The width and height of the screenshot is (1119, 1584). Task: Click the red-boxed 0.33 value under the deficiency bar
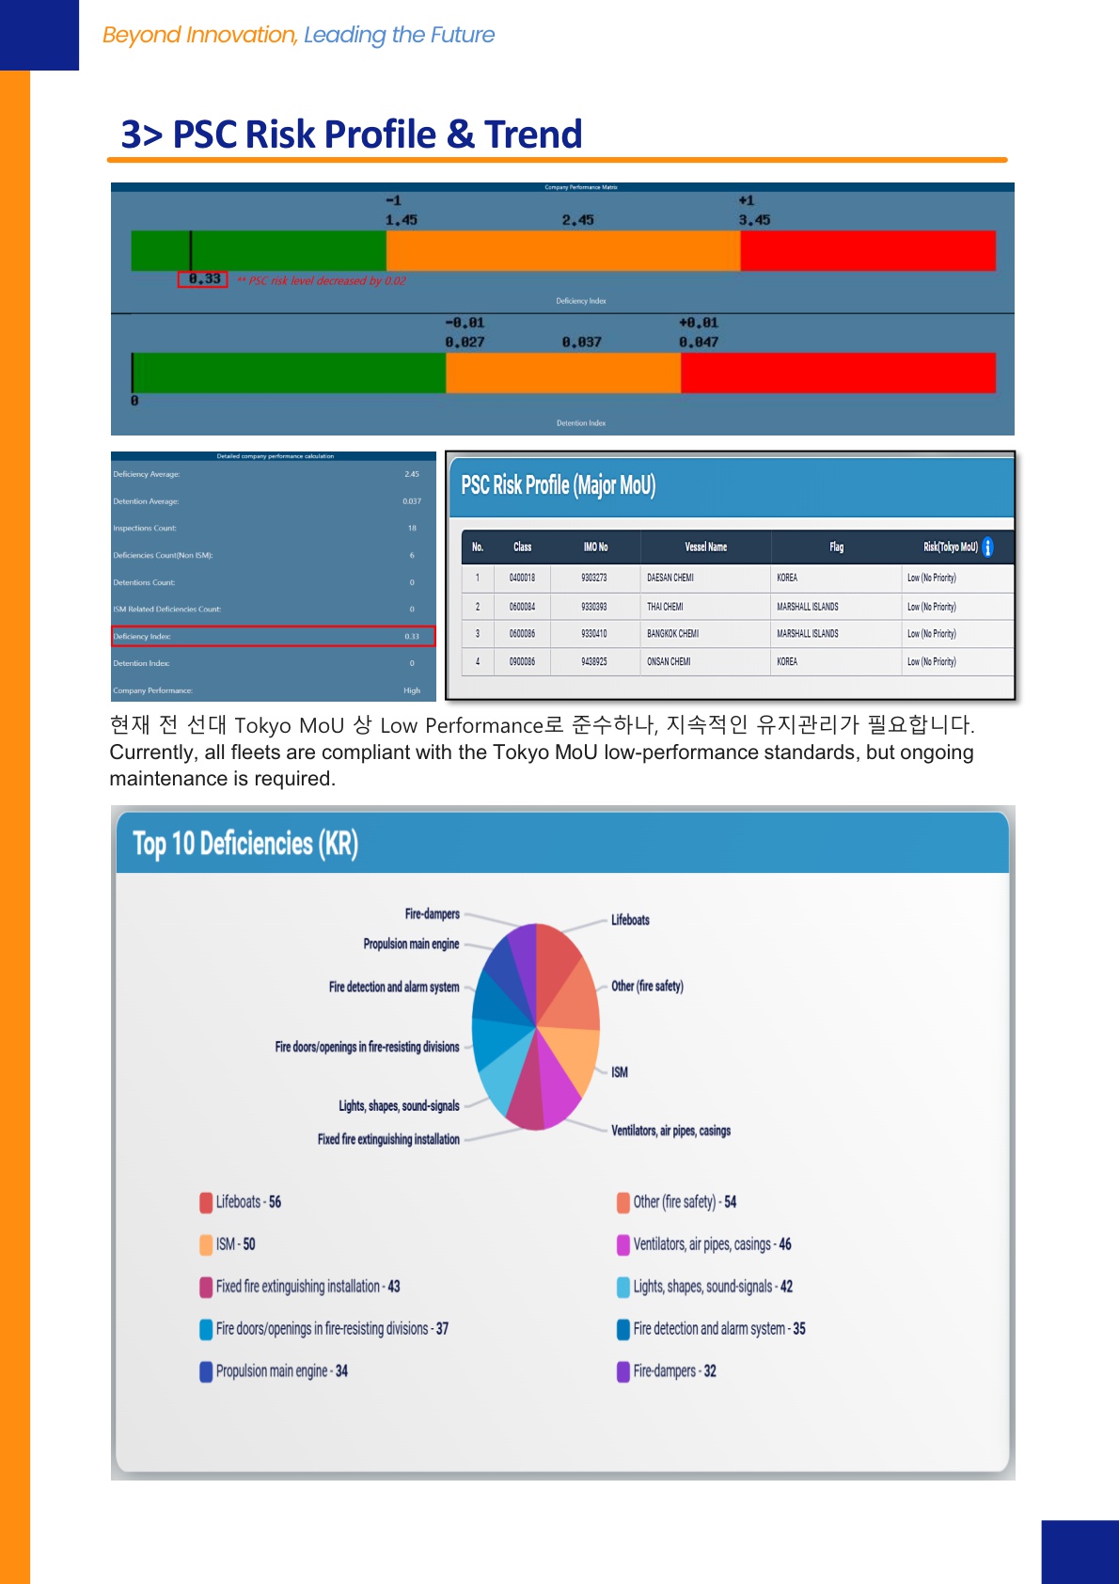pos(204,279)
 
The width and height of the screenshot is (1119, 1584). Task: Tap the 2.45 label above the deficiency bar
pos(577,220)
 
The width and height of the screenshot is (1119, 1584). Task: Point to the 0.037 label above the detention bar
pos(581,342)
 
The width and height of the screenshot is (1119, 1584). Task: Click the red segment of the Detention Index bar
pos(837,372)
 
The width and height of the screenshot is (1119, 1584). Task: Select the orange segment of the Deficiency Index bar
pos(562,251)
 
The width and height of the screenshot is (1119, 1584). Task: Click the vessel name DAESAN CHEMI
pos(670,578)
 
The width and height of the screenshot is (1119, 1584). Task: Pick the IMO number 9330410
pos(593,634)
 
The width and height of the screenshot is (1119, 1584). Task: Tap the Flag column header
pos(836,547)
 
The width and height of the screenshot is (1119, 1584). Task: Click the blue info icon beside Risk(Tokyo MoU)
pos(987,546)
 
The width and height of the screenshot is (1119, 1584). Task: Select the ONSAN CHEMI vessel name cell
pos(669,662)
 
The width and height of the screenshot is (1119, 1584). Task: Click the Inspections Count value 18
pos(412,529)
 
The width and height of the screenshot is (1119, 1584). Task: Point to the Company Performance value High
pos(412,690)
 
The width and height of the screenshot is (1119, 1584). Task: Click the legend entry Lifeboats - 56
pos(247,1202)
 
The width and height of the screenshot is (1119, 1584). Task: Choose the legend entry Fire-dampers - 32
pos(673,1371)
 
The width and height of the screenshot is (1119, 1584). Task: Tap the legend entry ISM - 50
pos(235,1244)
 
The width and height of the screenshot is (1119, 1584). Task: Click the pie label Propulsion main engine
pos(411,944)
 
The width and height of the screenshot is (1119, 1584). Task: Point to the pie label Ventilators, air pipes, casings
pos(670,1131)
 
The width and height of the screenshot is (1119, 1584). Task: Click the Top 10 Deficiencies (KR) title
pos(245,844)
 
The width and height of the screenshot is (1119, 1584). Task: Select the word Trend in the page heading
pos(533,135)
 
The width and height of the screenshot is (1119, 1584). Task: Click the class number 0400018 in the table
pos(522,578)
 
